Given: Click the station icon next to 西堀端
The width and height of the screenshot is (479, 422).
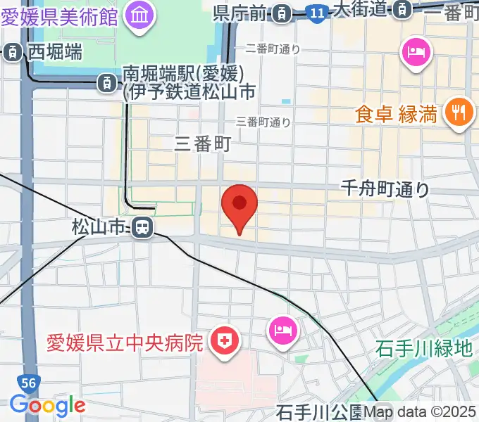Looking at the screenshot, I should (13, 51).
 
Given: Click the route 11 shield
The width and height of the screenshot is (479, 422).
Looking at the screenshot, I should (317, 11).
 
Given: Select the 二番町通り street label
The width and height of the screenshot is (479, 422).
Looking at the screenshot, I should (273, 49).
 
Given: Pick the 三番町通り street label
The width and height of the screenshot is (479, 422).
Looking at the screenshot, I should (263, 122).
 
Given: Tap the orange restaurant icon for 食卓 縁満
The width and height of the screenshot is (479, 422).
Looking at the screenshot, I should (459, 113).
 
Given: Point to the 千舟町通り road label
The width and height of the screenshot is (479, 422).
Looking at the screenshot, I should (384, 188).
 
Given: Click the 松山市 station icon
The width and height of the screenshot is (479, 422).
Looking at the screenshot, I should (142, 227).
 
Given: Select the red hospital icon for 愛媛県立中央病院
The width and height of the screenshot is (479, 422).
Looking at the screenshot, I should (225, 343).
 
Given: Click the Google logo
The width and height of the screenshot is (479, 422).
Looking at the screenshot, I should (47, 405).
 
